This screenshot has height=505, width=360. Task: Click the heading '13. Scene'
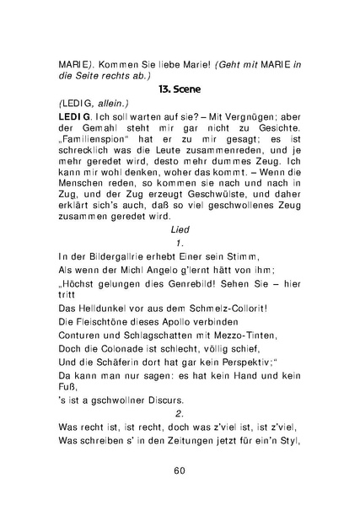[180, 87]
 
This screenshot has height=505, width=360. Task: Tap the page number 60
[180, 470]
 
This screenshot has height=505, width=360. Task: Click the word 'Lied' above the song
[180, 228]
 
